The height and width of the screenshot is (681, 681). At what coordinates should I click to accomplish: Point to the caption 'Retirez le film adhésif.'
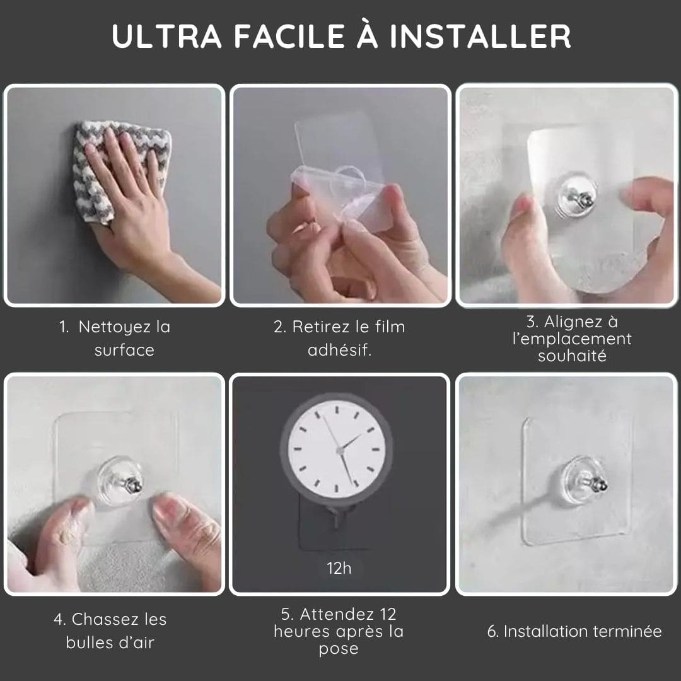coord(339,339)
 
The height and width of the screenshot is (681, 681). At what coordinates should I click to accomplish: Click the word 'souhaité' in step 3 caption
coord(572,356)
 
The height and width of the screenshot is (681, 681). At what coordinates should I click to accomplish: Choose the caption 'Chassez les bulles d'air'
coord(110,631)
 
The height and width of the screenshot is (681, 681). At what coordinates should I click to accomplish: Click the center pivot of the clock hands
coord(340,450)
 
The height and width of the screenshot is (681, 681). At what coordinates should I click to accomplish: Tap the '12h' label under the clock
coord(339,568)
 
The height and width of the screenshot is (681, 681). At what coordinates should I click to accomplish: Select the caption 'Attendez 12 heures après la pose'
coord(339,631)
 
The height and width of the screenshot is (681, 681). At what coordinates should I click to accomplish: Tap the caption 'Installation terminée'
coord(574,631)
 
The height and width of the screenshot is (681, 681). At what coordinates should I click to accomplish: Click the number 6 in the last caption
coord(492,631)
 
